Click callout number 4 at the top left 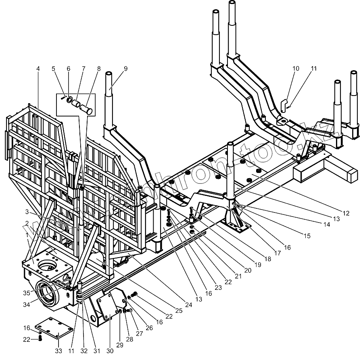38,69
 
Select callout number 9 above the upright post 125,69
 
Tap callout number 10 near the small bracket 296,69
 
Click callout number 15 307,236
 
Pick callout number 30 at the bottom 109,351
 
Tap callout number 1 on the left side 27,235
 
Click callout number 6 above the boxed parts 68,69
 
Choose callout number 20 248,271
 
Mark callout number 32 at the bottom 83,351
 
